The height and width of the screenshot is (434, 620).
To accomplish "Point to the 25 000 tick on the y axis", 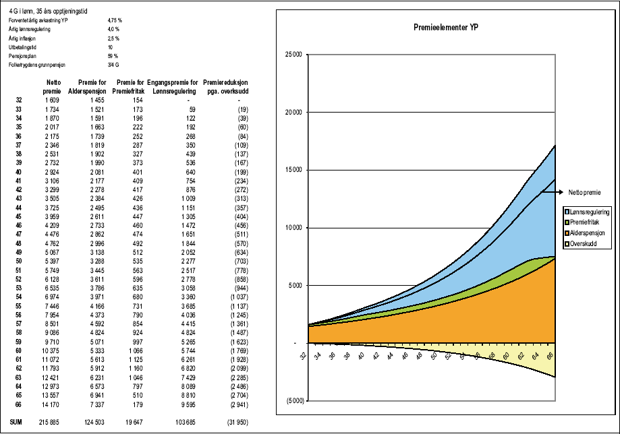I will pos(292,55).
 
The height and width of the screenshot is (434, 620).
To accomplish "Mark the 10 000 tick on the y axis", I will pos(292,228).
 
